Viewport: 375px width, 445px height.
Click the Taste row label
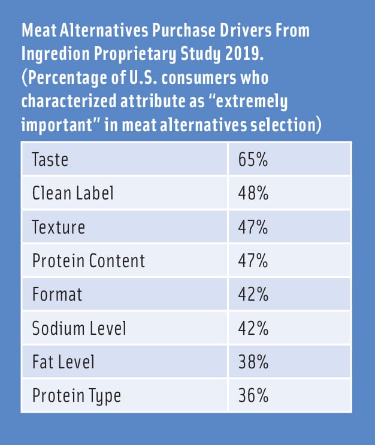coord(50,159)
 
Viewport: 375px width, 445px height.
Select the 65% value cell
coord(254,159)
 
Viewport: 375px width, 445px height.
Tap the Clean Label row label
coord(72,193)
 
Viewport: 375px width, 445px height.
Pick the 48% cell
coord(254,193)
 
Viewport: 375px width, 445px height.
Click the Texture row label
coord(59,227)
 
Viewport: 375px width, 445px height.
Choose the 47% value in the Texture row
coord(254,227)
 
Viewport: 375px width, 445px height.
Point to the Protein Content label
coord(89,261)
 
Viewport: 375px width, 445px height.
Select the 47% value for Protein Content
coord(254,261)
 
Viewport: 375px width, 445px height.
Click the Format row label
coord(58,295)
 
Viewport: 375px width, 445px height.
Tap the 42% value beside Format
coord(254,295)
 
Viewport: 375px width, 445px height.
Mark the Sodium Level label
coord(79,328)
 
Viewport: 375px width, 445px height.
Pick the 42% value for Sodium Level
coord(254,328)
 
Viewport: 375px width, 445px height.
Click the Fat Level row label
coord(63,362)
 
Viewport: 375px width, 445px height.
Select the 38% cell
coord(254,362)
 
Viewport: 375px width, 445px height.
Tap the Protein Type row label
coord(77,396)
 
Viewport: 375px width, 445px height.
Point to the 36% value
coord(254,396)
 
